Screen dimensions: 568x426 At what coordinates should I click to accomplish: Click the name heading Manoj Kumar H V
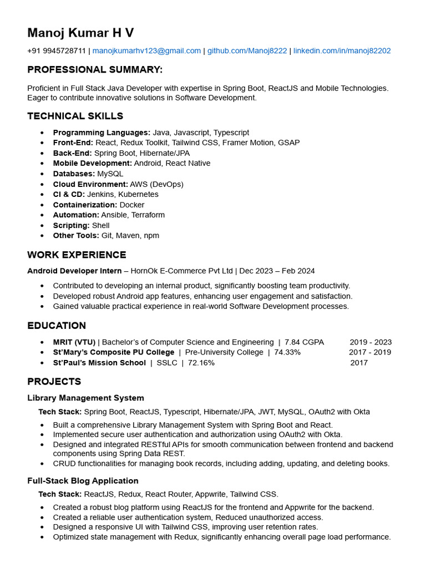[80, 33]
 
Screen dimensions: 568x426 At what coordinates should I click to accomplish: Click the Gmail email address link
[146, 50]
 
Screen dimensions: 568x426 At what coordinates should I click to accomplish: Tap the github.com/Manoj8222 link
[247, 50]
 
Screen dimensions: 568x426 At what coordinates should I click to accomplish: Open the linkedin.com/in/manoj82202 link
[342, 50]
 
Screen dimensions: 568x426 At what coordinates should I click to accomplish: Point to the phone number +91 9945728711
[57, 50]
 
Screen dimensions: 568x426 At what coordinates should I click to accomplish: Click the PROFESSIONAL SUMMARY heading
[95, 70]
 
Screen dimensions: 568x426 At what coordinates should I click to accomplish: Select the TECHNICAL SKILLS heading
[75, 116]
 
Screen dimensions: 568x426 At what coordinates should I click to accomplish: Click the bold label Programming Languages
[102, 133]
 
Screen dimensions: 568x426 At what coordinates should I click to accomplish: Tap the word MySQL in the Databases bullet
[110, 174]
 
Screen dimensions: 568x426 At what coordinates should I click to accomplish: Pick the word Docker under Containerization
[132, 205]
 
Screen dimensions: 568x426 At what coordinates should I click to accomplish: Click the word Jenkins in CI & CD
[100, 194]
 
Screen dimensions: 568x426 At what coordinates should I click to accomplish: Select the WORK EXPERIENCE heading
[77, 255]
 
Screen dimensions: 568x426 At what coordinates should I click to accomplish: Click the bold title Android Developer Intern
[74, 271]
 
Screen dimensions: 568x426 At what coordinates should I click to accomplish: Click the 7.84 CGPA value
[304, 342]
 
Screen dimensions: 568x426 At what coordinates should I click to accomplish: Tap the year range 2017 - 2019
[369, 352]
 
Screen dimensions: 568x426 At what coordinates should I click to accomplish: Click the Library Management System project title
[85, 398]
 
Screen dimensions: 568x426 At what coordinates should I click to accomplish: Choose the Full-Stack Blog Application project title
[83, 480]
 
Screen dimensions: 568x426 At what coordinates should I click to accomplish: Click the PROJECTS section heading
[54, 382]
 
